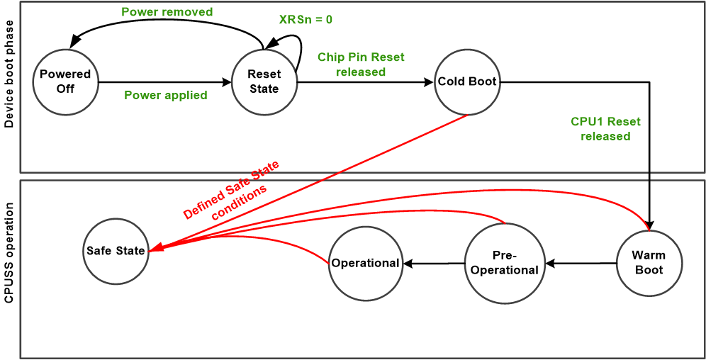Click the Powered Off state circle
pyautogui.click(x=65, y=81)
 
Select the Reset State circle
pyautogui.click(x=264, y=81)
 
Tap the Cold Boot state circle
pyautogui.click(x=467, y=81)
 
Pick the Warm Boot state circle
pyautogui.click(x=649, y=263)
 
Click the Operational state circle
pyautogui.click(x=366, y=263)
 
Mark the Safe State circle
pyautogui.click(x=116, y=250)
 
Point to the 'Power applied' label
pyautogui.click(x=166, y=95)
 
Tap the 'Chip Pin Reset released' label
pyautogui.click(x=361, y=64)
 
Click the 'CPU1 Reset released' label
pyautogui.click(x=605, y=128)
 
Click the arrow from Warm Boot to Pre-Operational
pyautogui.click(x=580, y=264)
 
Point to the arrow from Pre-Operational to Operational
pyautogui.click(x=434, y=264)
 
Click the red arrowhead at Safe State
pyautogui.click(x=154, y=249)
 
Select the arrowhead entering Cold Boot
pyautogui.click(x=428, y=82)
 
